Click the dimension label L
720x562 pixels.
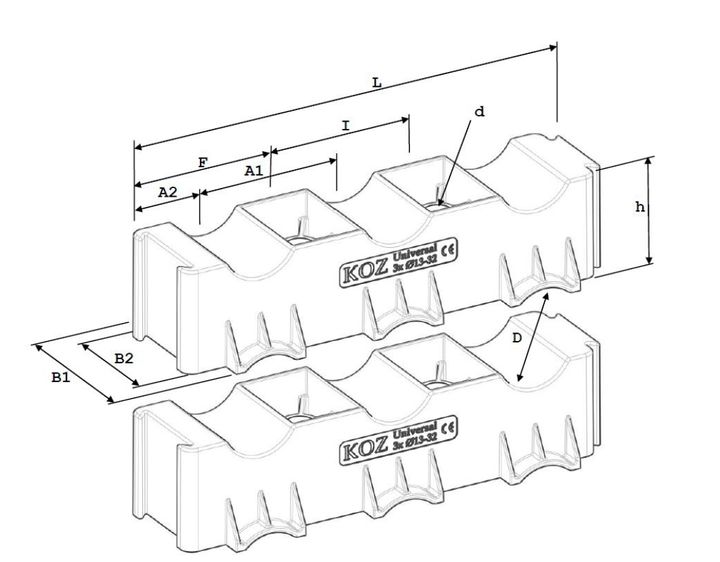[x=376, y=84]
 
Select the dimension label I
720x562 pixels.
[x=345, y=126]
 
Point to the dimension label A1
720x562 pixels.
[x=254, y=171]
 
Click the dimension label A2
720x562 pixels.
[x=167, y=190]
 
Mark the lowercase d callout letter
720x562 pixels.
[x=479, y=112]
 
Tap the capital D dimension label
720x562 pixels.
[x=516, y=339]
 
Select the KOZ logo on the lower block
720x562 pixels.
[x=360, y=446]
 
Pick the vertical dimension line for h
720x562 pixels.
[x=650, y=211]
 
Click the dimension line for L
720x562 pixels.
[x=345, y=97]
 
